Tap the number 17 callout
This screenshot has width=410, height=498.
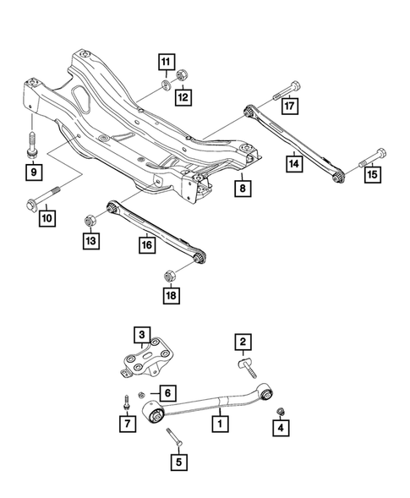290,107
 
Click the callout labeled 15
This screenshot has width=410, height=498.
373,175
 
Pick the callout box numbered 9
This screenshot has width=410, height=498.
34,173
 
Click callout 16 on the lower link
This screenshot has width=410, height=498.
147,244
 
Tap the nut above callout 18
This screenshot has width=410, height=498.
167,274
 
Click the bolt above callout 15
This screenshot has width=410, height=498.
373,155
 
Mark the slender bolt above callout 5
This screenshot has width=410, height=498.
172,438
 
